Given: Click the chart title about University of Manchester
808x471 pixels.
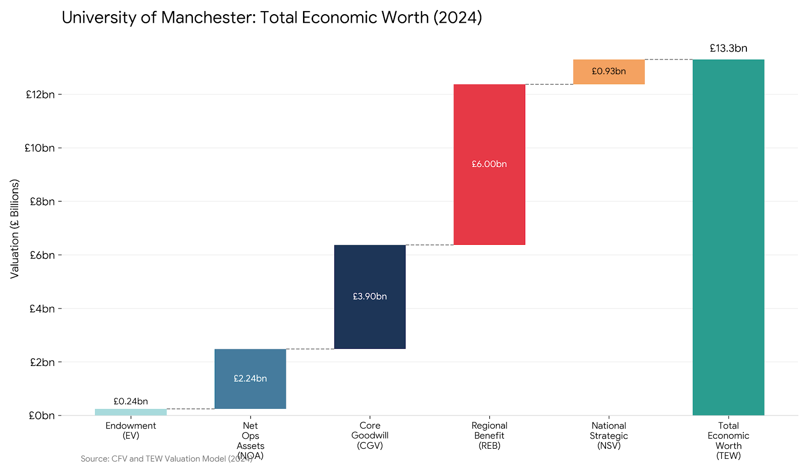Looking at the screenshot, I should pos(272,18).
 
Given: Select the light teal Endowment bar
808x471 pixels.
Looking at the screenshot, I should pos(131,412).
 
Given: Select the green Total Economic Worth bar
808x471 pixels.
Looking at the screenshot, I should pos(728,237).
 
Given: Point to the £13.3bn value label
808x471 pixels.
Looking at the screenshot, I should pos(728,48).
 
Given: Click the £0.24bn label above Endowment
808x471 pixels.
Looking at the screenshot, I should pos(131,401).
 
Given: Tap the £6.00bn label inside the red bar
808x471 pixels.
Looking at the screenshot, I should pos(489,164).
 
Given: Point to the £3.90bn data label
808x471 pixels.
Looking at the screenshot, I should pos(370,296).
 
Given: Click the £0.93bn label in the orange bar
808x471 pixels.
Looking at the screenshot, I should pos(609,71).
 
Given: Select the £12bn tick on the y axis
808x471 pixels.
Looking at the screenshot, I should pos(40,94).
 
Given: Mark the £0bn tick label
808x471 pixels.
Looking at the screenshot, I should pos(42,415).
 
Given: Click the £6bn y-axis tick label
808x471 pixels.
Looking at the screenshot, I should pos(42,255).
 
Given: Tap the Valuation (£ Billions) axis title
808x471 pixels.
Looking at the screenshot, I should pos(15,229).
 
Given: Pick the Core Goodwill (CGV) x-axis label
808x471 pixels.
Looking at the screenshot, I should pos(370,436).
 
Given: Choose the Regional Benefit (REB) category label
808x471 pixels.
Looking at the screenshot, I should pos(489,436).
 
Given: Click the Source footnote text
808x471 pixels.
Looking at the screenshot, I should pos(166,459).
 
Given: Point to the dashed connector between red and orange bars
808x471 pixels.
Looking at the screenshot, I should pos(549,84).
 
